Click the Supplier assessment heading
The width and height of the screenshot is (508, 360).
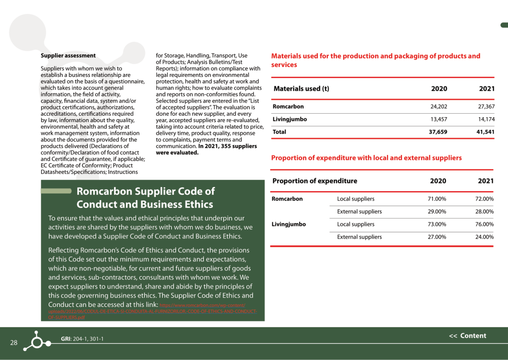[x=68, y=56]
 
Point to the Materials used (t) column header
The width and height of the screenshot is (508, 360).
[x=301, y=89]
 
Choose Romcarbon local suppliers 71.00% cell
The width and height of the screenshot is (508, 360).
[x=437, y=199]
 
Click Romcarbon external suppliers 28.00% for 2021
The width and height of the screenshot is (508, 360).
[x=484, y=212]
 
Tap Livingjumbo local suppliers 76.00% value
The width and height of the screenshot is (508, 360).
[x=484, y=224]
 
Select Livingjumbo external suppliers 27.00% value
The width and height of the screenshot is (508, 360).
[x=437, y=237]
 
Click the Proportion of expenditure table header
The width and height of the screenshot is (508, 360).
[x=315, y=181]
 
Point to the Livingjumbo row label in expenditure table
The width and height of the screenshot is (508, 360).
[x=289, y=224]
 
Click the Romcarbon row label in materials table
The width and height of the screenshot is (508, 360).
[x=288, y=107]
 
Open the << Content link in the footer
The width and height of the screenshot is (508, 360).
[x=467, y=336]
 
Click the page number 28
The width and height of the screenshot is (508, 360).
[x=14, y=343]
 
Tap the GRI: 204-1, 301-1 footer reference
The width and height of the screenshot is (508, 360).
[x=82, y=339]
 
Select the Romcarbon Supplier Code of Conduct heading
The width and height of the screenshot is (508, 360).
[x=145, y=198]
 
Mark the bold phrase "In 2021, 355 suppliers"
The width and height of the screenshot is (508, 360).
[x=228, y=146]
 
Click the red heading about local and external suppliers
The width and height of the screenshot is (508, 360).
[x=366, y=158]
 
